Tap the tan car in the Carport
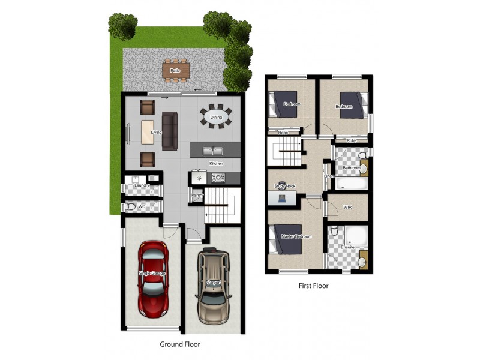214,280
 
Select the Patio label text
175,71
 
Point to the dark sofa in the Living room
170,130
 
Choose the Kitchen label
216,163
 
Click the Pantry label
197,195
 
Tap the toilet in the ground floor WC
131,206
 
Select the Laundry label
142,186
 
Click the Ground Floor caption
179,344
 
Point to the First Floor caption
313,286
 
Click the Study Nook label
285,187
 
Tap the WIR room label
347,207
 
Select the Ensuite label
347,246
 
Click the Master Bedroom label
296,236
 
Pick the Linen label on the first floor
328,176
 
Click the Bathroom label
351,168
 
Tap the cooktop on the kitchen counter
218,178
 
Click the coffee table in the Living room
148,132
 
